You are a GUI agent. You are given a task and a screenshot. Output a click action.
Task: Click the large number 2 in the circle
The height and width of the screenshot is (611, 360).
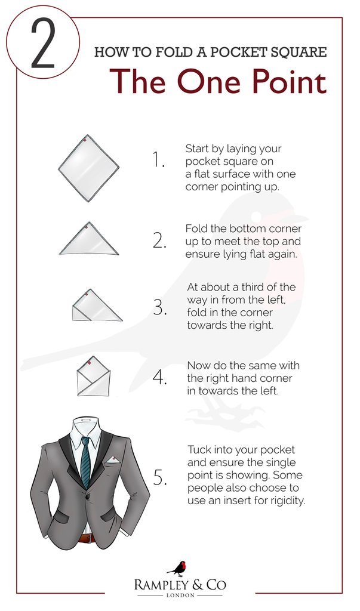42,44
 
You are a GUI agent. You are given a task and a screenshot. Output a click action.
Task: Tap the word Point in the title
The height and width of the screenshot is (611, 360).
287,81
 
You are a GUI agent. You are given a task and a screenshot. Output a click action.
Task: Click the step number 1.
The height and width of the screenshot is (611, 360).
158,160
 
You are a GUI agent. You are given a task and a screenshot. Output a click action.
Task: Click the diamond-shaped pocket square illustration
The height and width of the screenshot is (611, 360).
89,168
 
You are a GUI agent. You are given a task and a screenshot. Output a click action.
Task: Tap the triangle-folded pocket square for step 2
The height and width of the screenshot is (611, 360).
89,239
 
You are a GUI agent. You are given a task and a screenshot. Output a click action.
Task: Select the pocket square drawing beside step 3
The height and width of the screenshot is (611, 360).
97,305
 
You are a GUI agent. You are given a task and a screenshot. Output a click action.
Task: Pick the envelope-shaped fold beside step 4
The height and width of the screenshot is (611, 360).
94,377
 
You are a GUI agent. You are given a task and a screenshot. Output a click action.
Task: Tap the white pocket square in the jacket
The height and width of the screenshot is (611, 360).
113,460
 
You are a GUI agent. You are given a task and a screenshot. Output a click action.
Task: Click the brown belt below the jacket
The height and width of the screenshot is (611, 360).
87,539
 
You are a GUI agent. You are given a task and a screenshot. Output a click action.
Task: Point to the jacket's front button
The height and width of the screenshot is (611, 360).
88,497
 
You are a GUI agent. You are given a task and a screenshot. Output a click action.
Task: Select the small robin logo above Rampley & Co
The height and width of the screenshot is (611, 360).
178,569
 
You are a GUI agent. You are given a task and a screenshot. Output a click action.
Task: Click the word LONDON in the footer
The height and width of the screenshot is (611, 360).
180,595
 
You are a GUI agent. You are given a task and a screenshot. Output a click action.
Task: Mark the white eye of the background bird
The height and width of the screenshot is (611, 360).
256,217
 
